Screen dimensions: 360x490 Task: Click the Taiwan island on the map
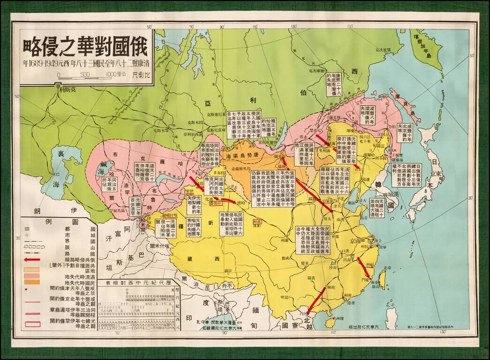(382, 279)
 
